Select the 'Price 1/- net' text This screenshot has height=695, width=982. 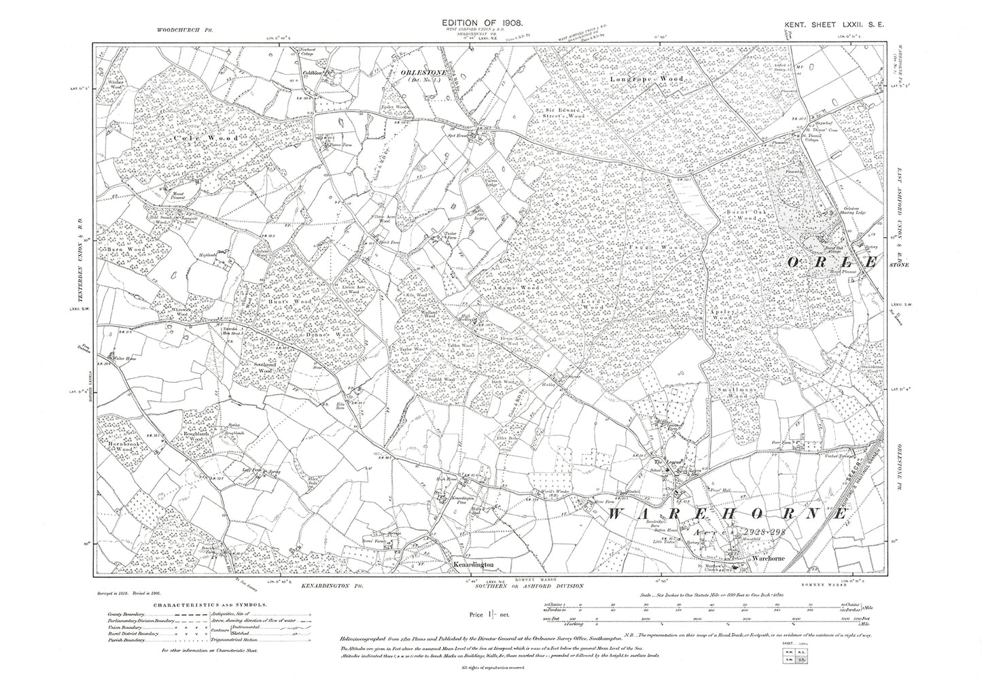point(491,613)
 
